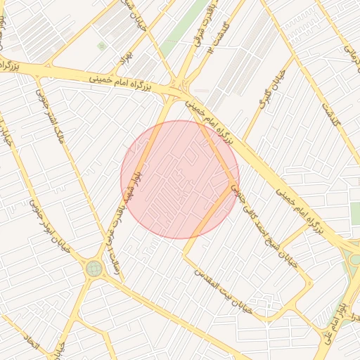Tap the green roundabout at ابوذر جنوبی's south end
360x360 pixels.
click(x=94, y=268)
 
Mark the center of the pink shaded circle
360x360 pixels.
click(x=180, y=179)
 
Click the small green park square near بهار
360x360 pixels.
click(x=101, y=46)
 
